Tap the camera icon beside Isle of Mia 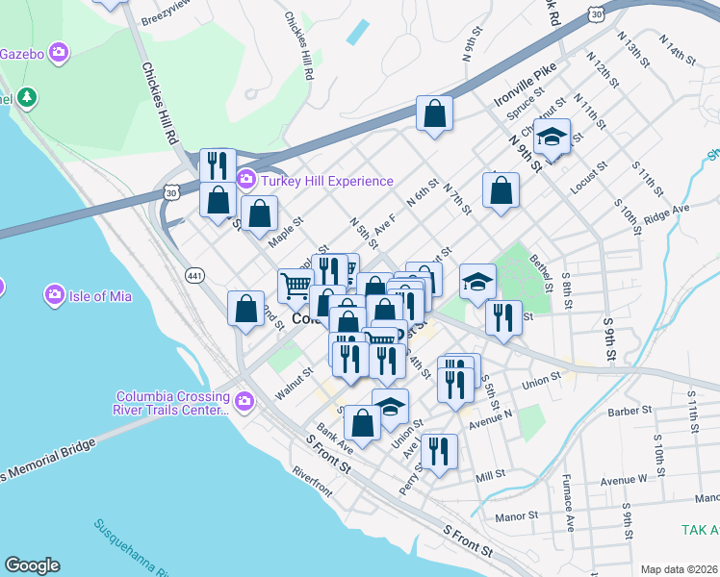pos(55,293)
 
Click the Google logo pos(32,565)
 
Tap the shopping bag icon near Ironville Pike pos(435,113)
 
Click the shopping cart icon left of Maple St pos(296,285)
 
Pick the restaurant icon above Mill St pos(440,451)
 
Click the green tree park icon pos(28,97)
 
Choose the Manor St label pos(517,515)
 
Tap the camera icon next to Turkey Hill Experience pos(245,180)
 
